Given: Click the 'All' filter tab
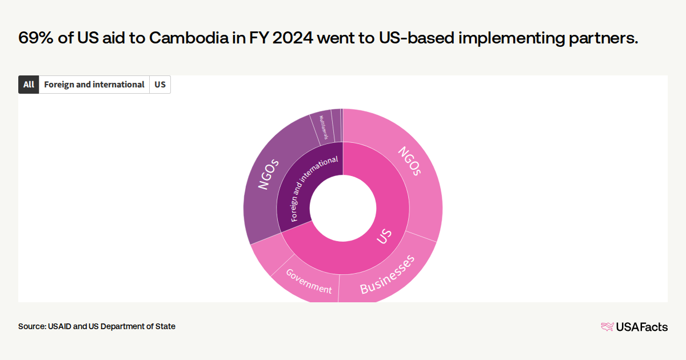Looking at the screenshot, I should (x=29, y=85).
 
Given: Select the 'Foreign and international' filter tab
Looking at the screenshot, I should (x=94, y=85).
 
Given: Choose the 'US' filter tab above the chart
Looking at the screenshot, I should (x=160, y=85).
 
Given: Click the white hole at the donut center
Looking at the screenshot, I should (x=343, y=208).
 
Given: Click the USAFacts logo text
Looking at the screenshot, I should (x=641, y=327).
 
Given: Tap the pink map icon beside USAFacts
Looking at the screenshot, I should (x=607, y=327).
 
